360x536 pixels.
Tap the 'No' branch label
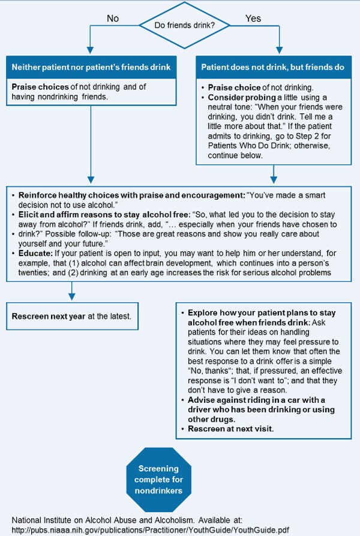point(113,18)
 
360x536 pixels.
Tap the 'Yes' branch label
point(253,18)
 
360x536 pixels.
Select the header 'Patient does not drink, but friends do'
point(272,68)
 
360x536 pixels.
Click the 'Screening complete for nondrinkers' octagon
point(158,480)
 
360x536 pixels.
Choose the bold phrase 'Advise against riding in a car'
point(257,401)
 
